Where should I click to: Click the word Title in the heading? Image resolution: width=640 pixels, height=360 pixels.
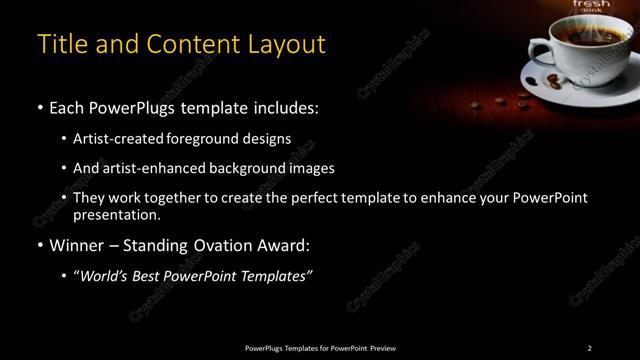(x=60, y=45)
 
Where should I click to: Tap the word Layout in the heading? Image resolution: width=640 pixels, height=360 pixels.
(x=284, y=45)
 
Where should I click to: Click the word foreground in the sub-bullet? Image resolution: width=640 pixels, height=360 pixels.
(x=212, y=138)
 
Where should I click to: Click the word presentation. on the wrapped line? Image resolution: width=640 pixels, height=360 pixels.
(x=117, y=214)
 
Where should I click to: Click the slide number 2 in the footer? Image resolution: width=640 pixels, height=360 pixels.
(x=590, y=348)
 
